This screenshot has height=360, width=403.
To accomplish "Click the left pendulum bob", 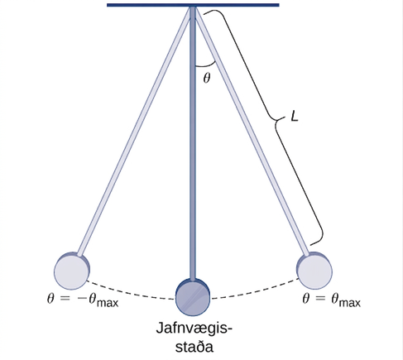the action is pyautogui.click(x=72, y=271).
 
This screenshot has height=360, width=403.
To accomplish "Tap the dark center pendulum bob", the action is pyautogui.click(x=193, y=297).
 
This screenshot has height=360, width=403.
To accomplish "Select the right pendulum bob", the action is pyautogui.click(x=314, y=271).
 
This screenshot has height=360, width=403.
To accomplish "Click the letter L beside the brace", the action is pyautogui.click(x=295, y=118).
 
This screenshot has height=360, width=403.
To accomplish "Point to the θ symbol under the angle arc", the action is pyautogui.click(x=207, y=78).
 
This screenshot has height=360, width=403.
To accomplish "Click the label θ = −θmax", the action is pyautogui.click(x=83, y=300).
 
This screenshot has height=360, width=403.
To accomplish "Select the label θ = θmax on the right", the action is pyautogui.click(x=331, y=300).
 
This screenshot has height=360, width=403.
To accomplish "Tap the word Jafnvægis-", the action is pyautogui.click(x=194, y=329).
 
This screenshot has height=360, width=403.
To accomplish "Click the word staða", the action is pyautogui.click(x=194, y=347).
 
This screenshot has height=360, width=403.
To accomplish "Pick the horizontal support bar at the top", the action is pyautogui.click(x=193, y=5).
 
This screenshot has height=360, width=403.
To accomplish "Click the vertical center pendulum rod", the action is pyautogui.click(x=193, y=143).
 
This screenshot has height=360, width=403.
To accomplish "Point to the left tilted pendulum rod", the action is pyautogui.click(x=135, y=131).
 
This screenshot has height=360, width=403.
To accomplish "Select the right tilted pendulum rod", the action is pyautogui.click(x=251, y=131).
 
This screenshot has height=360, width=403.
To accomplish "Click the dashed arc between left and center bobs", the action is pyautogui.click(x=130, y=293).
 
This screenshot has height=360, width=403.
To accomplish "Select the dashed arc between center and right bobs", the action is pyautogui.click(x=255, y=292).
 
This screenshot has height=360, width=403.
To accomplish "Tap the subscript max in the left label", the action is pyautogui.click(x=108, y=304).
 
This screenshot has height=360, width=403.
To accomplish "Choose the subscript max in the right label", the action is pyautogui.click(x=350, y=304).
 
